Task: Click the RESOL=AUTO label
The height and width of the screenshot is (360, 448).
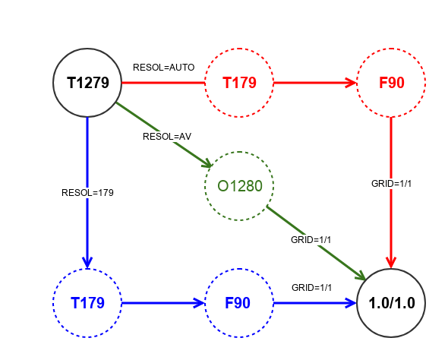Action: [164, 68]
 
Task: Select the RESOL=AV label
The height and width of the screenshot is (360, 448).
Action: [167, 137]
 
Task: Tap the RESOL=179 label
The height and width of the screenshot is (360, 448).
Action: [87, 193]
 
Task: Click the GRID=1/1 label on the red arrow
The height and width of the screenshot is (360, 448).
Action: [391, 184]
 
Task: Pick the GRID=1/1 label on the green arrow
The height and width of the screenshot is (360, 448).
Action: [311, 240]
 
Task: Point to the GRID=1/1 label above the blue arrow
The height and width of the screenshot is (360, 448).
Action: [312, 287]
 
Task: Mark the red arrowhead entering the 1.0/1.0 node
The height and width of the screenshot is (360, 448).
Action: [391, 263]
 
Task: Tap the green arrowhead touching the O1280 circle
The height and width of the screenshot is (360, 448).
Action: [207, 163]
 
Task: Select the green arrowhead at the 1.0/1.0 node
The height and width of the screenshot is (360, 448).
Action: [361, 276]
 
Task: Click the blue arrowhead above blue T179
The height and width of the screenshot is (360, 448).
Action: [87, 263]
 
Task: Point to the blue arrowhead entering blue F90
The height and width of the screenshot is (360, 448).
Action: [199, 303]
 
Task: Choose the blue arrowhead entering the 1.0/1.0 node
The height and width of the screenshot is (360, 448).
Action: [351, 303]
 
